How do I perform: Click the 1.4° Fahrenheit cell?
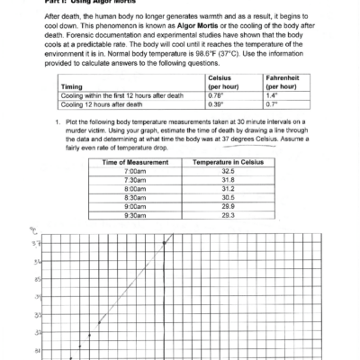pyautogui.click(x=270, y=119)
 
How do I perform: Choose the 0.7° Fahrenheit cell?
pyautogui.click(x=270, y=129)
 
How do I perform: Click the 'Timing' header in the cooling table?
pyautogui.click(x=73, y=110)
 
